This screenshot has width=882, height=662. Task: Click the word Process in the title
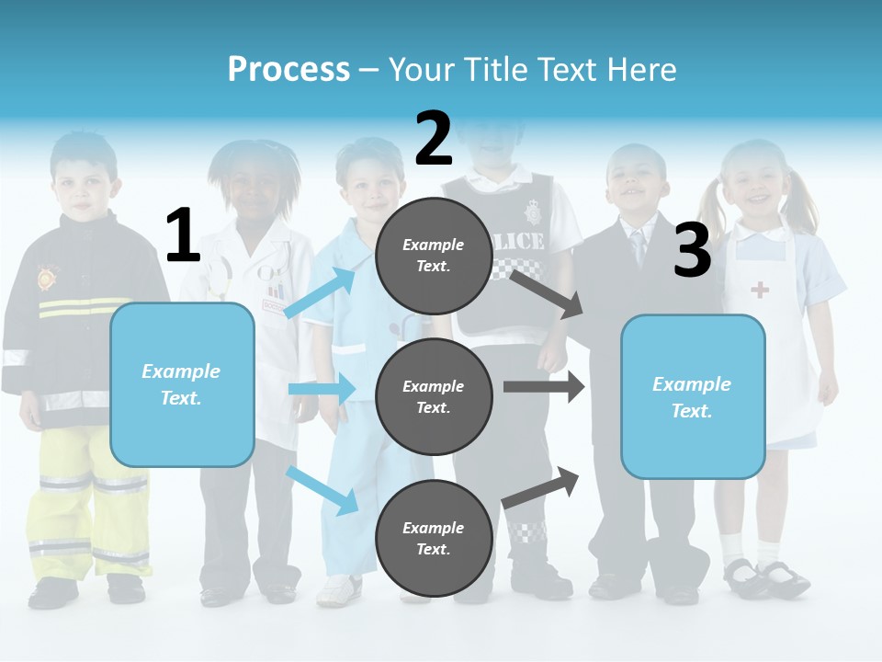(288, 69)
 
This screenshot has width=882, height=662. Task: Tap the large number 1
(183, 236)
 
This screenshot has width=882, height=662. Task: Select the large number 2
(434, 138)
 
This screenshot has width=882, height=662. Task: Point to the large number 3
(692, 251)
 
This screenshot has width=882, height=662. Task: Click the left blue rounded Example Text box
(182, 384)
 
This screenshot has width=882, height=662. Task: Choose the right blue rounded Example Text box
(693, 396)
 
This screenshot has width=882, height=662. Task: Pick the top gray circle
(434, 256)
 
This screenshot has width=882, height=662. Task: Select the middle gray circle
(434, 396)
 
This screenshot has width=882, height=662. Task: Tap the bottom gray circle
(434, 538)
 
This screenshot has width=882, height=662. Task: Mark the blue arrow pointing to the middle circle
(322, 389)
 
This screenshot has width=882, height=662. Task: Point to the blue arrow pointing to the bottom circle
(322, 490)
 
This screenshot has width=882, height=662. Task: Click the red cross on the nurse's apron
(760, 291)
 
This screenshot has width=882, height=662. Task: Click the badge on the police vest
(533, 213)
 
